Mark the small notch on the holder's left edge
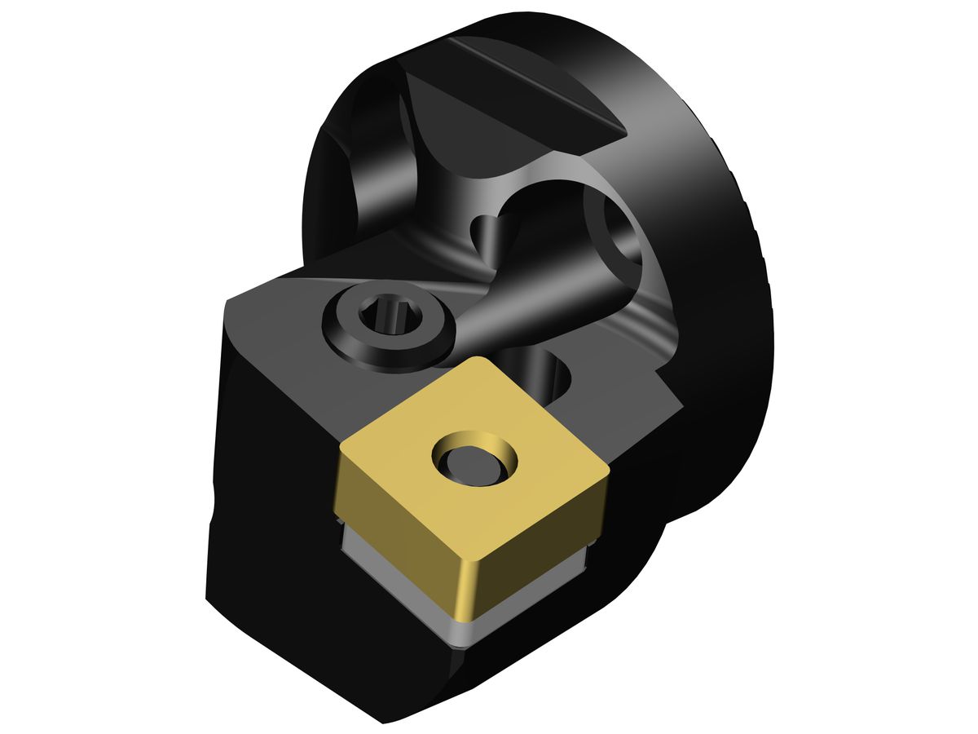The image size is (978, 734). (x=214, y=506)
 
